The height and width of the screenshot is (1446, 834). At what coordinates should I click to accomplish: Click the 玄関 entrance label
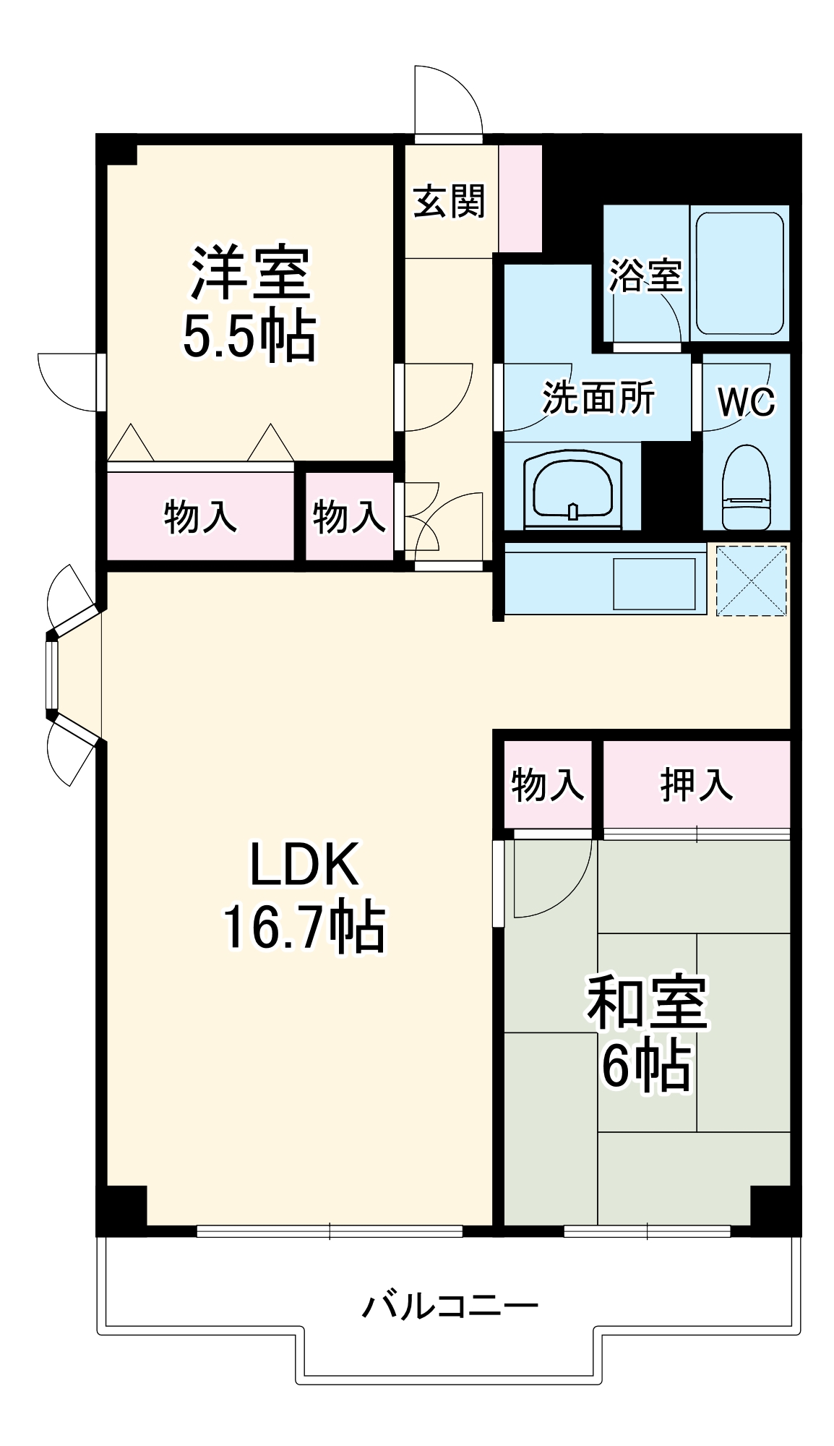tap(449, 202)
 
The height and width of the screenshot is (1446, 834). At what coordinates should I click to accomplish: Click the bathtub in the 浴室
tap(739, 273)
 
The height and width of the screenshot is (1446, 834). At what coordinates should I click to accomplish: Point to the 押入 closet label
tap(696, 784)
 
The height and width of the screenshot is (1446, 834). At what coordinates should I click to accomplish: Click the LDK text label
tap(304, 864)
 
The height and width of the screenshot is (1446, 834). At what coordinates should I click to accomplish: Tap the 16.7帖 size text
tap(304, 928)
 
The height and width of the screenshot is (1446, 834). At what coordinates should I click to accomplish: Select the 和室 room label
tap(646, 1003)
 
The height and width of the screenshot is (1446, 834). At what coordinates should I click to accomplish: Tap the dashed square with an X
tap(752, 581)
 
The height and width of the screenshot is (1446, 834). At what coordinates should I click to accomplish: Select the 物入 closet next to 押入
tap(547, 784)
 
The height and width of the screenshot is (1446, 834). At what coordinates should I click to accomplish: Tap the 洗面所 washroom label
tap(598, 398)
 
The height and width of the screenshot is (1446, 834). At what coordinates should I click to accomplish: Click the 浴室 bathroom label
tap(645, 275)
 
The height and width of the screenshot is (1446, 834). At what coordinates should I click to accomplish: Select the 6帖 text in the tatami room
tap(646, 1066)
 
